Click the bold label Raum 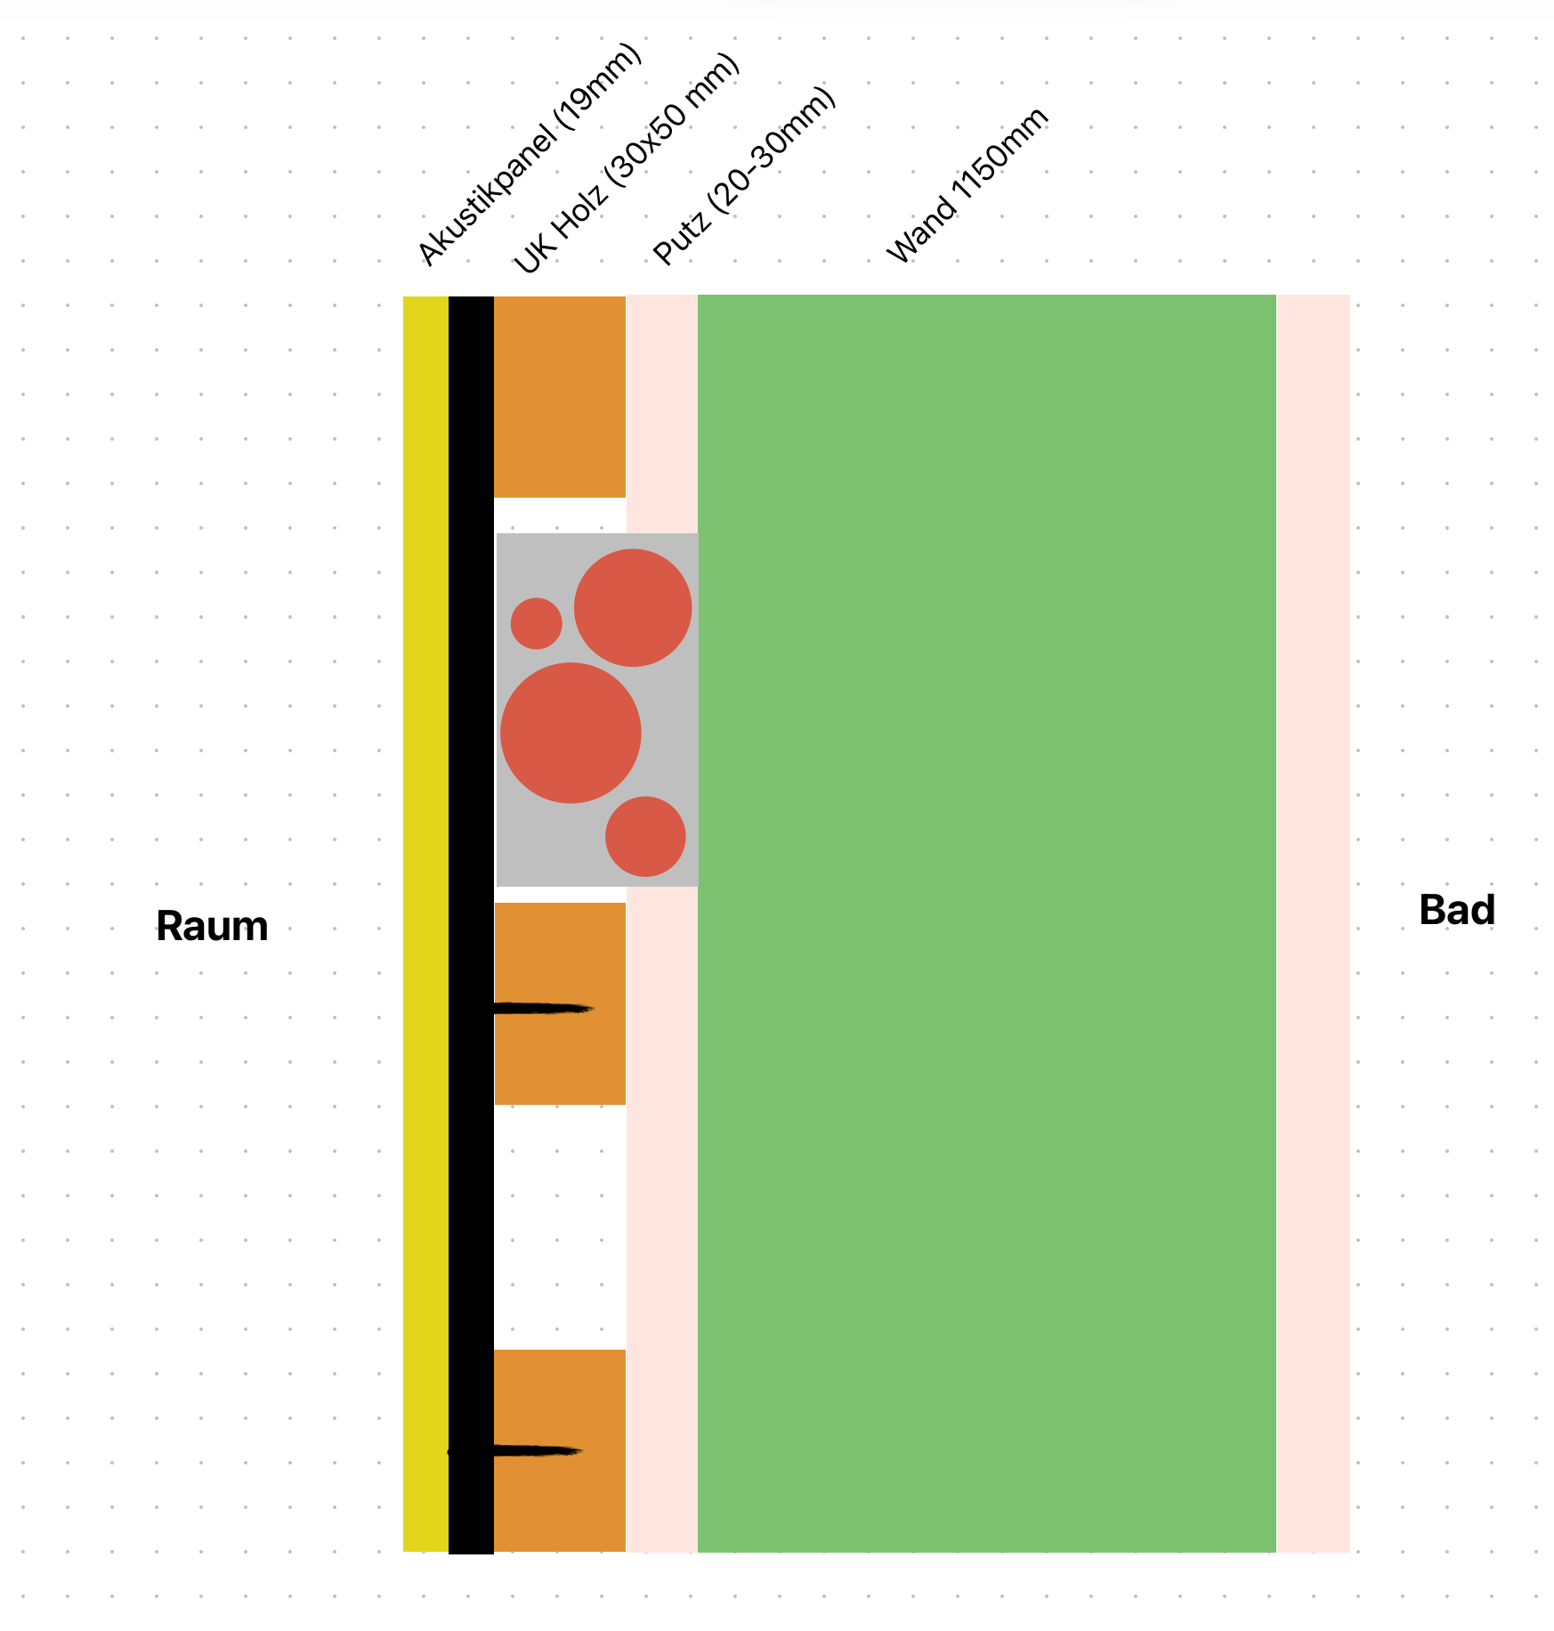pos(212,927)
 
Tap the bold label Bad pos(1456,911)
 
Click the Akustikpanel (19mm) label pos(529,155)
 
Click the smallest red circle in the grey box pos(536,623)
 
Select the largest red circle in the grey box pos(571,733)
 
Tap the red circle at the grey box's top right pos(633,608)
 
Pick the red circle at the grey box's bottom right pos(645,836)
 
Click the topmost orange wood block pos(560,397)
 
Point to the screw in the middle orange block pos(543,1009)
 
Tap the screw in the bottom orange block pos(534,1451)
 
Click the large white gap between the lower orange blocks pos(560,1227)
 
